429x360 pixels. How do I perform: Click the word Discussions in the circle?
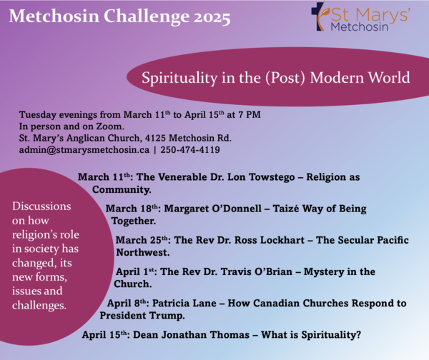(41, 206)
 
